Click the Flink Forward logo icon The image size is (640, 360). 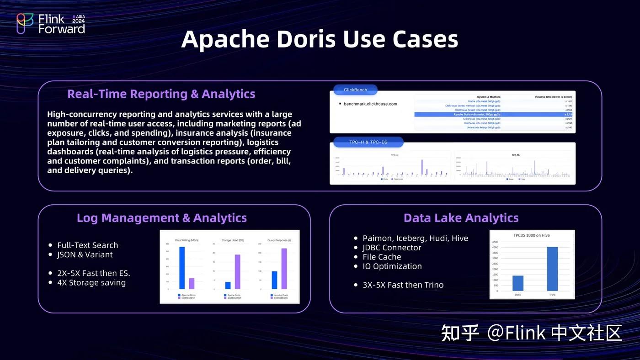pos(25,23)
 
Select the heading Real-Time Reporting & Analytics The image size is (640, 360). pos(161,94)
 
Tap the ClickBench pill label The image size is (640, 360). pos(355,90)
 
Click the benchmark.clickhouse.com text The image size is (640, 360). pos(370,104)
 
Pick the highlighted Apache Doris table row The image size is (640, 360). pos(494,114)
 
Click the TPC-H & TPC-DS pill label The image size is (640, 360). pos(368,142)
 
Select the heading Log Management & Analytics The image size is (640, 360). pos(162,218)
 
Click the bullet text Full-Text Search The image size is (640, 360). pos(87,245)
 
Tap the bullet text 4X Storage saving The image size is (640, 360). pos(91,282)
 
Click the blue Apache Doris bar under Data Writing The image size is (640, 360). pos(181,268)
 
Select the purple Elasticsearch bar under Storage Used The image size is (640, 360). pos(237,271)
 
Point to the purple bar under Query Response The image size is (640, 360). pos(284,269)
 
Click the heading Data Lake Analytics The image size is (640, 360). pos(461,218)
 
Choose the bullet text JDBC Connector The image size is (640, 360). pos(392,248)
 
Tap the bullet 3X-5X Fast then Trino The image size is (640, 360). pos(403,285)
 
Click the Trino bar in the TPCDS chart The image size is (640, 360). pos(552,269)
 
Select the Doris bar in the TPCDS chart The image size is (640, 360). pos(517,283)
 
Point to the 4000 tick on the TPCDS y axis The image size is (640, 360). pos(495,248)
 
